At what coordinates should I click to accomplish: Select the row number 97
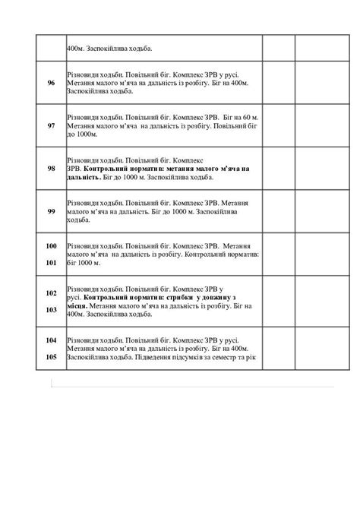(x=51, y=125)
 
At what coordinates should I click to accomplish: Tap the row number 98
(x=51, y=168)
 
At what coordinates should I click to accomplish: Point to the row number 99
(x=51, y=210)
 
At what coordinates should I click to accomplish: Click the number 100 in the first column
(x=51, y=247)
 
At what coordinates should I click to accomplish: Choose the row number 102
(x=51, y=292)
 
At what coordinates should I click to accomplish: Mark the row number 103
(x=51, y=309)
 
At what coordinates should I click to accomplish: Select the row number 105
(x=51, y=356)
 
